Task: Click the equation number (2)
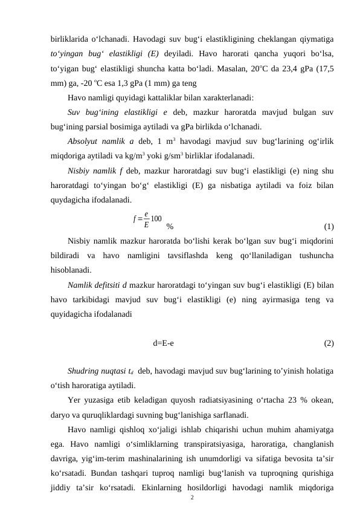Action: point(329,343)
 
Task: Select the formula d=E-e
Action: point(164,343)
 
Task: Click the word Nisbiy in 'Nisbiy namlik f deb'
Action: point(80,170)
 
